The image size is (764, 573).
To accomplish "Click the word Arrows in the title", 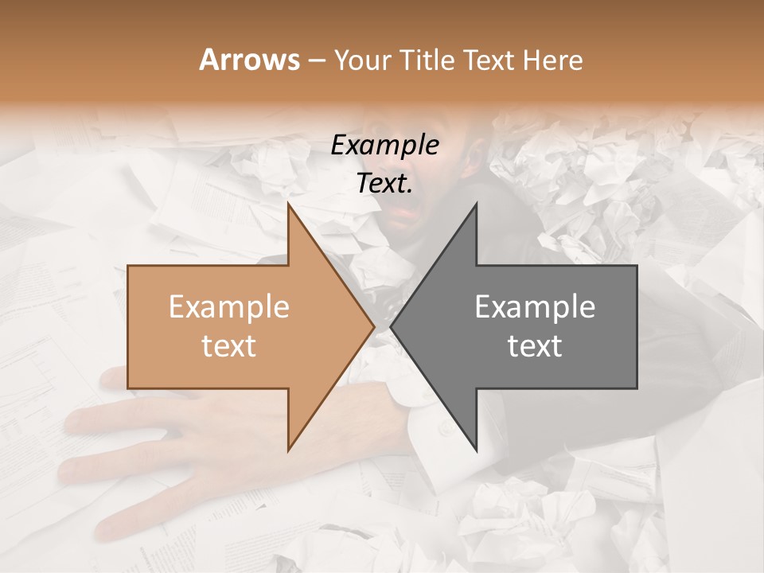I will pyautogui.click(x=249, y=60).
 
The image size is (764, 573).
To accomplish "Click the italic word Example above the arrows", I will pyautogui.click(x=384, y=146).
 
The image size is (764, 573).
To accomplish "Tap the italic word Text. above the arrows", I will pyautogui.click(x=384, y=183).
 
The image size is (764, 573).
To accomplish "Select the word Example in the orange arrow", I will pyautogui.click(x=229, y=306).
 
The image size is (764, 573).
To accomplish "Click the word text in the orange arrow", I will pyautogui.click(x=229, y=345).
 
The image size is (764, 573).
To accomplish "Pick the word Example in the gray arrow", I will pyautogui.click(x=535, y=306).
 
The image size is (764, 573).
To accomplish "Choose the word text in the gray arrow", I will pyautogui.click(x=535, y=345).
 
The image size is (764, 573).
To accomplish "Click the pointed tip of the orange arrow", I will pyautogui.click(x=373, y=326).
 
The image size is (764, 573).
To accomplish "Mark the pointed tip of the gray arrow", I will pyautogui.click(x=392, y=326).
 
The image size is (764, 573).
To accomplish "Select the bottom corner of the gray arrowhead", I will pyautogui.click(x=477, y=450).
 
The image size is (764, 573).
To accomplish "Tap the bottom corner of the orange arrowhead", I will pyautogui.click(x=288, y=450).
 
